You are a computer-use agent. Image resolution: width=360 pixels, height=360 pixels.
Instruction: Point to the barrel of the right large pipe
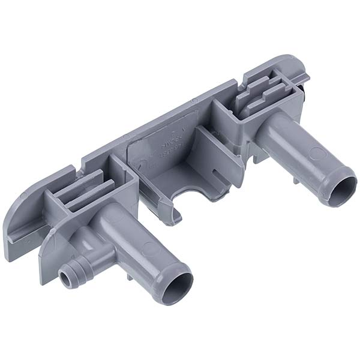(294, 150)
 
